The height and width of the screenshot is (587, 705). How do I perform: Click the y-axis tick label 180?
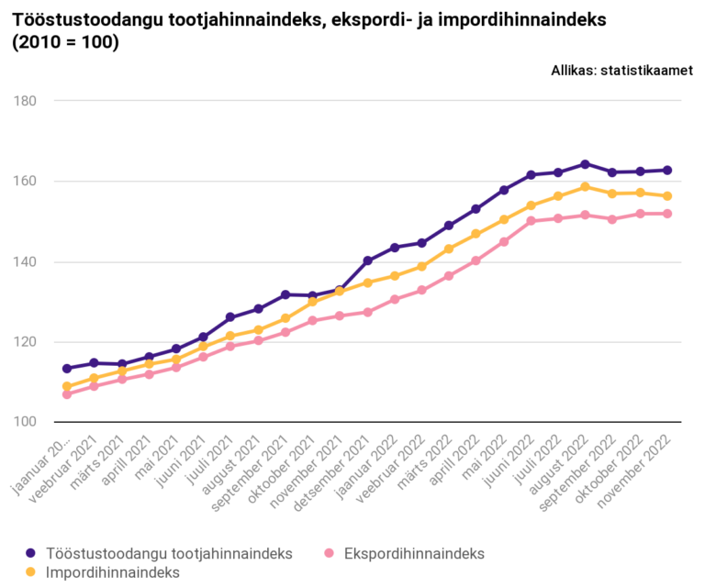click(x=22, y=100)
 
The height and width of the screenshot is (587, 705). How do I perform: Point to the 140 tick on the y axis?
click(x=22, y=261)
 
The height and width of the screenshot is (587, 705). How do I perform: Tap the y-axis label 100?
click(x=22, y=422)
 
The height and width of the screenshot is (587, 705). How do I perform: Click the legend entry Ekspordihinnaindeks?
click(x=414, y=553)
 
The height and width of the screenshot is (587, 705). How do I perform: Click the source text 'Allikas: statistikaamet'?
click(x=621, y=70)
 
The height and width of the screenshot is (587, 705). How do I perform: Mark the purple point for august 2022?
click(x=585, y=164)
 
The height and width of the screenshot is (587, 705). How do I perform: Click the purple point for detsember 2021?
click(x=367, y=260)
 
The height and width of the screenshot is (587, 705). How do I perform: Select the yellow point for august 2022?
click(x=585, y=186)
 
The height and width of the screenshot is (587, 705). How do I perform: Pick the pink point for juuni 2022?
click(x=531, y=220)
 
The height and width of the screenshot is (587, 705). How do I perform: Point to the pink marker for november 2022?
click(x=667, y=214)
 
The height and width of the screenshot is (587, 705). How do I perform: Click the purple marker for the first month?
click(x=67, y=368)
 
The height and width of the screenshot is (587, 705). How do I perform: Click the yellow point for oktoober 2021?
click(x=313, y=301)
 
